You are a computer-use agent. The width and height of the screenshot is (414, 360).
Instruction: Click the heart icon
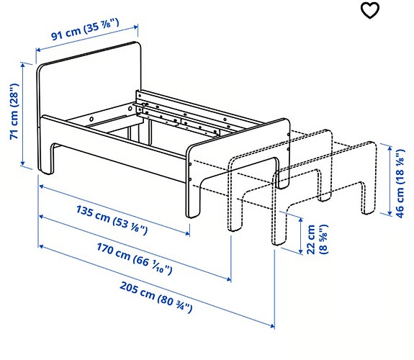[369, 11]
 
